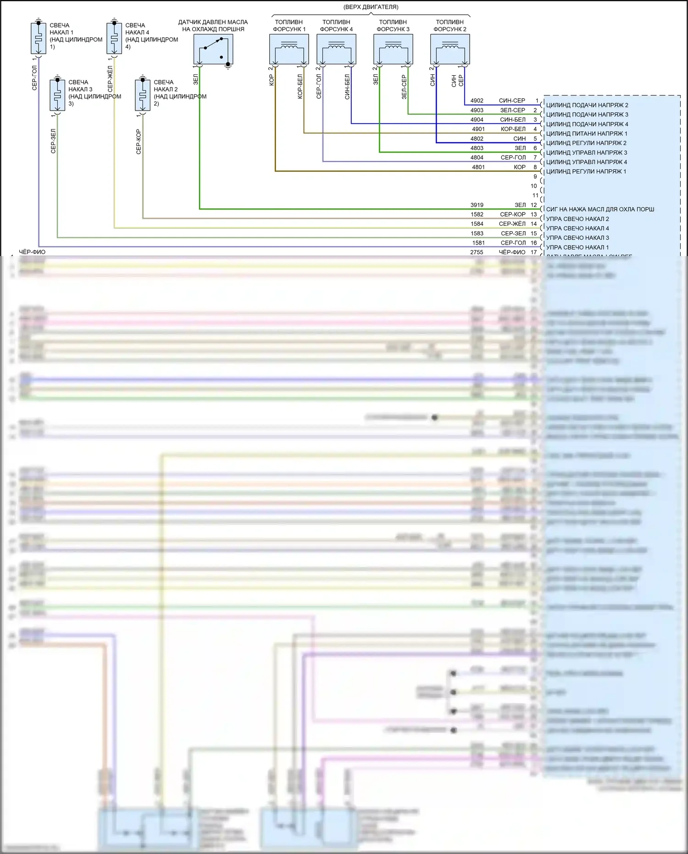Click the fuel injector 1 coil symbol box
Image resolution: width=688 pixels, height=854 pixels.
(289, 49)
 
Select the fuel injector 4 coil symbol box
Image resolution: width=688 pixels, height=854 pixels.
(336, 49)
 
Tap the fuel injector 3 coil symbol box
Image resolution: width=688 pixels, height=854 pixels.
(393, 49)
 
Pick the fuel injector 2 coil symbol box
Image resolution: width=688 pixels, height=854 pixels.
(450, 49)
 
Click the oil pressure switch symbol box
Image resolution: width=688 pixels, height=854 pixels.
(213, 49)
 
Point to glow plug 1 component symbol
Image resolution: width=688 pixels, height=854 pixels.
(39, 38)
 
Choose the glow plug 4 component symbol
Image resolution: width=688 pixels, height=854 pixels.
(114, 38)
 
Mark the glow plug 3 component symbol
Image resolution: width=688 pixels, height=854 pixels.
(57, 95)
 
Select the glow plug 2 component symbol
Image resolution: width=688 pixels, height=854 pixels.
(143, 95)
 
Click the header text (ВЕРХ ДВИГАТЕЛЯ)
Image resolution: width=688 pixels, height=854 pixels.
(371, 7)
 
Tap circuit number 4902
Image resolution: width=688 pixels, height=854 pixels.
(477, 100)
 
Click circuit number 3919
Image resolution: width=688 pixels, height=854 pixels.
(477, 205)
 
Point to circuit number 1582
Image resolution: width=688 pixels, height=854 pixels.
(477, 214)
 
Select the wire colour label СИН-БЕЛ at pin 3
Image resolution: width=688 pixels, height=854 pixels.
(512, 120)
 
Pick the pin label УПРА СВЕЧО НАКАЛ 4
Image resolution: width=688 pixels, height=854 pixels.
(577, 229)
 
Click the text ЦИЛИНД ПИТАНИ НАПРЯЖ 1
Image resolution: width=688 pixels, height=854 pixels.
(586, 134)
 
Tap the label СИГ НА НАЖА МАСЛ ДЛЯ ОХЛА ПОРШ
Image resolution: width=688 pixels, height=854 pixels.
(600, 209)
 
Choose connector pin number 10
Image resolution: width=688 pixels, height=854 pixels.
(533, 186)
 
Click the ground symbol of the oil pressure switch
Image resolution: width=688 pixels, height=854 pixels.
(228, 67)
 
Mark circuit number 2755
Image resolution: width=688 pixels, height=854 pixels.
(477, 252)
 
